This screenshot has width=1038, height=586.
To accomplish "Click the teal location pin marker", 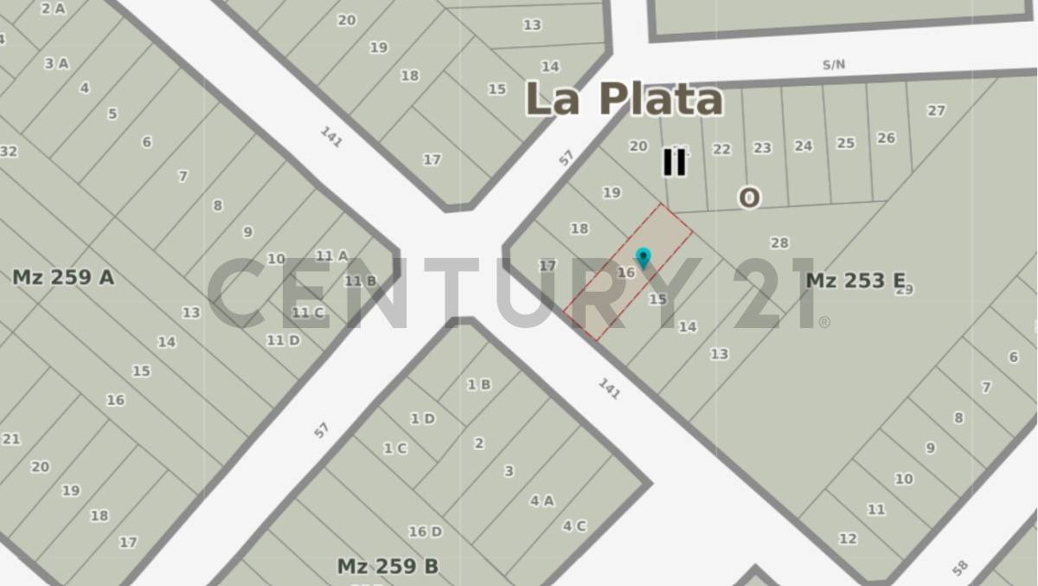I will [x=643, y=258].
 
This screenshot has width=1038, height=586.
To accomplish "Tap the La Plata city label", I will [x=624, y=99].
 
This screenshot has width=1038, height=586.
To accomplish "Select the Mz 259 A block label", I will [x=63, y=277].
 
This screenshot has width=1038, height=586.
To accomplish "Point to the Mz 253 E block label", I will [x=855, y=280].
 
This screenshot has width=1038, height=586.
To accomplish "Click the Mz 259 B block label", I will [x=388, y=566].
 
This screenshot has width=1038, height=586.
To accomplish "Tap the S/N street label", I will [x=834, y=64].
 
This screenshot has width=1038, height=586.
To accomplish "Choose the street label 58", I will [x=960, y=568].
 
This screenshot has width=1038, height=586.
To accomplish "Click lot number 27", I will [x=936, y=111].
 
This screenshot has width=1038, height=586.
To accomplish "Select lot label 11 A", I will [x=331, y=255].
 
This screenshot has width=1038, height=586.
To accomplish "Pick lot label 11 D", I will [x=283, y=340].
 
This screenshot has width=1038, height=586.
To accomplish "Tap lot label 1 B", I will [x=478, y=384].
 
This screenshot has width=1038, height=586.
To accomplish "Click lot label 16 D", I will [x=425, y=531].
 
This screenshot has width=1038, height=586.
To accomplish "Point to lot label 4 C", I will [x=574, y=525].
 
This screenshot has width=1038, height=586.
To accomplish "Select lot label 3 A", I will [x=56, y=63].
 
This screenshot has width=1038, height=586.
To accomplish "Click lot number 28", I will [x=779, y=243].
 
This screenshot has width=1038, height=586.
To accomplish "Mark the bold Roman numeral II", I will [x=674, y=162].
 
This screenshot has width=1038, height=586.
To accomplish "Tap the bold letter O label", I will [x=749, y=198].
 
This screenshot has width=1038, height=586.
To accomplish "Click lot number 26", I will [x=886, y=138].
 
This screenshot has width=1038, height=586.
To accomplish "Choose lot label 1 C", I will [x=394, y=448].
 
